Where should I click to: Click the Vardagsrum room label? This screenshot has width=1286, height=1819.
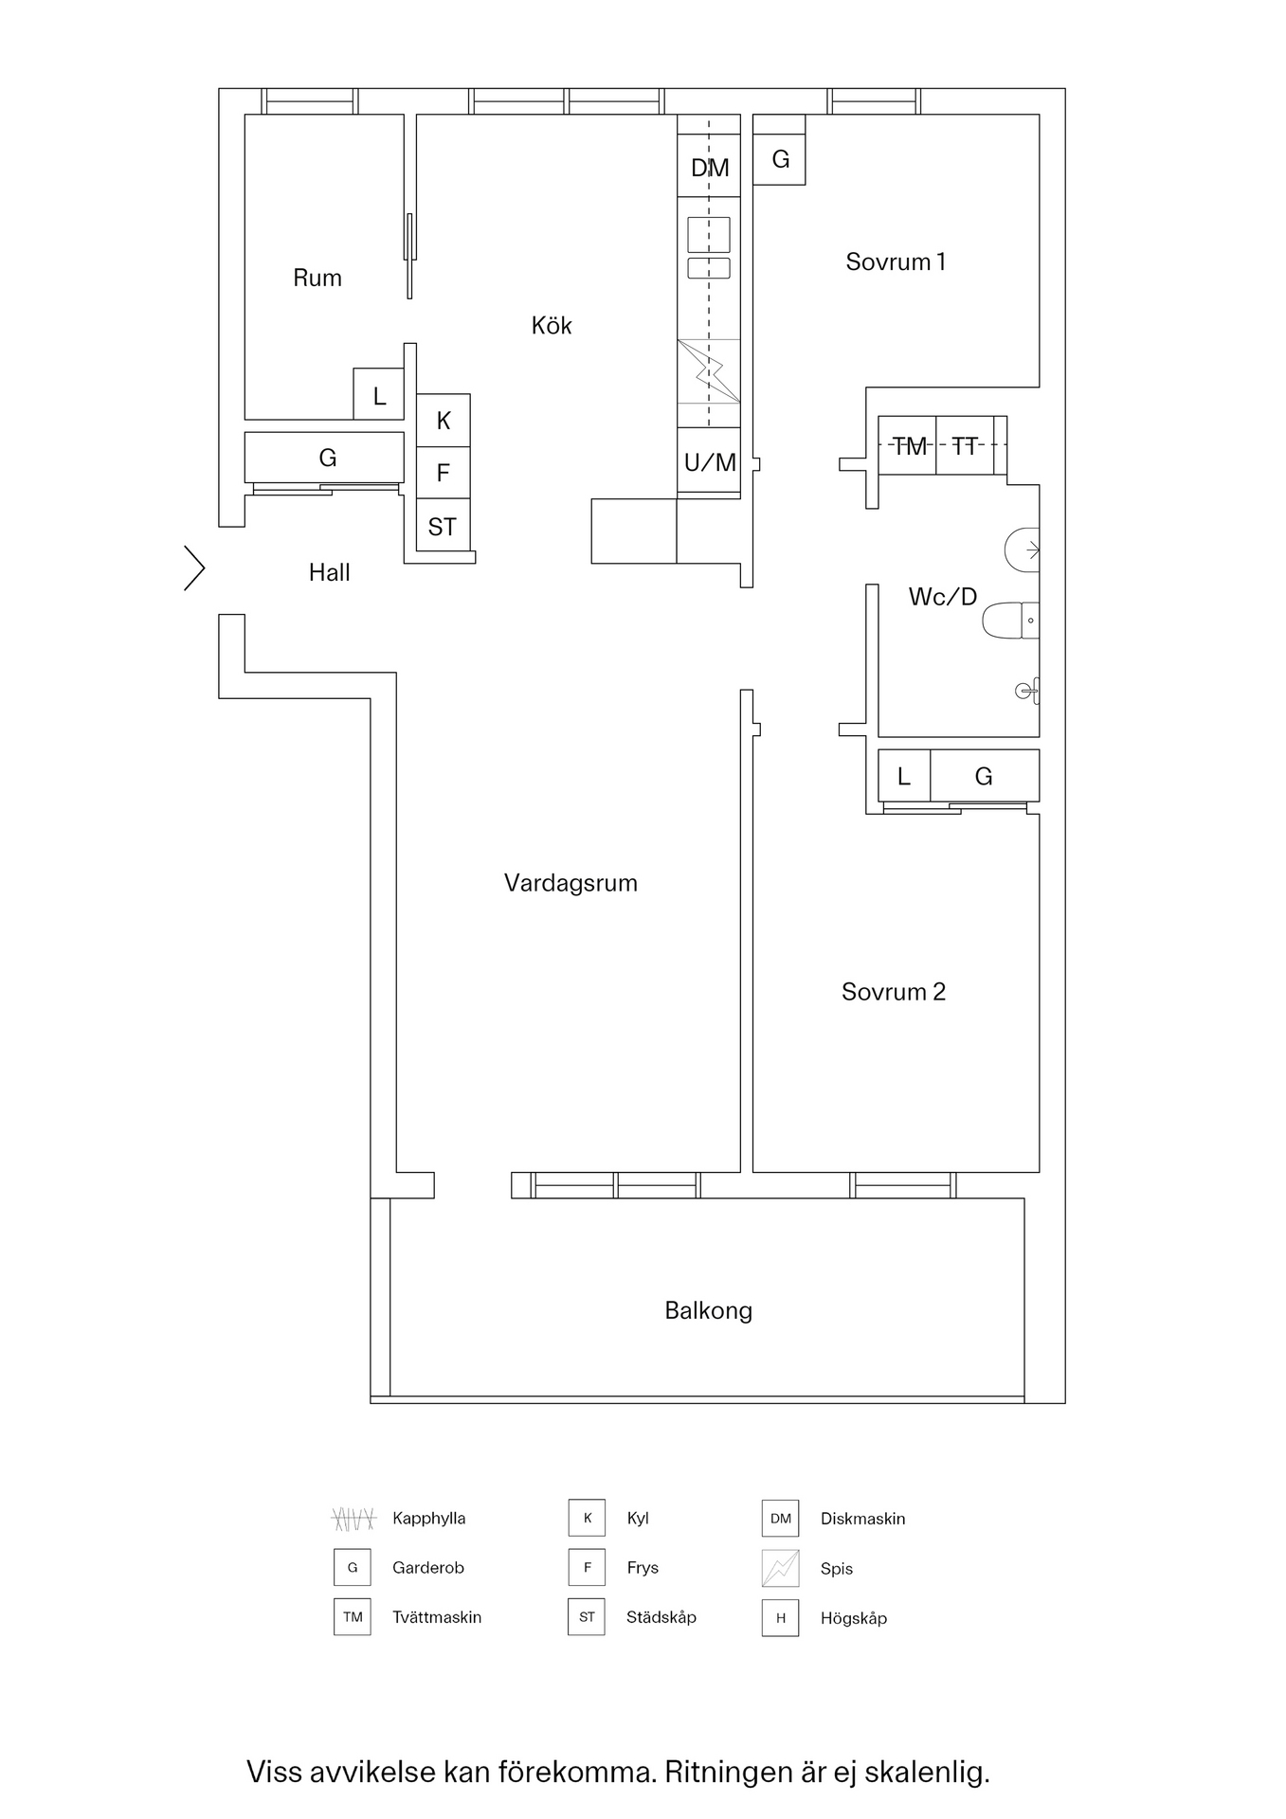(571, 883)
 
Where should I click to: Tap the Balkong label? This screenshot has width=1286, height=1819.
(708, 1310)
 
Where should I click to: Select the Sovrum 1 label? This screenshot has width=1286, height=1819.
(895, 261)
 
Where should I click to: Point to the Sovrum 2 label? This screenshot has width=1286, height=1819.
(893, 992)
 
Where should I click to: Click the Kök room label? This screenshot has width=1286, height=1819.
(552, 326)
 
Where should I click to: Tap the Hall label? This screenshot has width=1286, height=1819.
(329, 572)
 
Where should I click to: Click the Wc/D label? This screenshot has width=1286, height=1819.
(942, 597)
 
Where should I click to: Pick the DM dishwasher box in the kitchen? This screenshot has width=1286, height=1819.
(709, 167)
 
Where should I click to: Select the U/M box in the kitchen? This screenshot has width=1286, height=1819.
(709, 461)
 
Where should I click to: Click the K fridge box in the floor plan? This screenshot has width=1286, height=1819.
(444, 421)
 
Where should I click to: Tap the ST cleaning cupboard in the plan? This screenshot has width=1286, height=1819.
(443, 527)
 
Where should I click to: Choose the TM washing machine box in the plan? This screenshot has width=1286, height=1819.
(908, 445)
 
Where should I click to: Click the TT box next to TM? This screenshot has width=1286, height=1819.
(965, 445)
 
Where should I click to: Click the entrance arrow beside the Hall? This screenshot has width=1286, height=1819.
(194, 568)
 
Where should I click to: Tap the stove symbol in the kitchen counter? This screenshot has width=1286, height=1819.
(709, 370)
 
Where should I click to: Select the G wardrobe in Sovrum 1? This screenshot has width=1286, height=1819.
(780, 159)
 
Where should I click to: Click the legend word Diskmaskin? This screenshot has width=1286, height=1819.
(862, 1519)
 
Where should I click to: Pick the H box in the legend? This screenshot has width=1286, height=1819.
(780, 1618)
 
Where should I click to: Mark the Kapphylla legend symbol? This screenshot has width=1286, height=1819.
(353, 1519)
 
